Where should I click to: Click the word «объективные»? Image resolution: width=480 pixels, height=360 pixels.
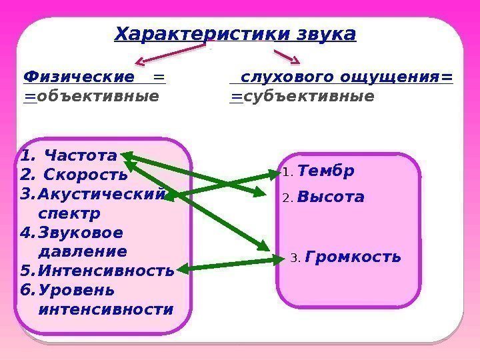[98, 97]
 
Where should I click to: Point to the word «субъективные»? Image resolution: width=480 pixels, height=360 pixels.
[309, 97]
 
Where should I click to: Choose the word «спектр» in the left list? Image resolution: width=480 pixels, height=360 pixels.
[69, 214]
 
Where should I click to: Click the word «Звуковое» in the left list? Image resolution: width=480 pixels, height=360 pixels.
[81, 233]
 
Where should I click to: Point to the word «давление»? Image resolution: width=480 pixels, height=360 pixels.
[83, 252]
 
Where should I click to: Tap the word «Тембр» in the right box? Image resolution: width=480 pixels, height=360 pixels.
[326, 171]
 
